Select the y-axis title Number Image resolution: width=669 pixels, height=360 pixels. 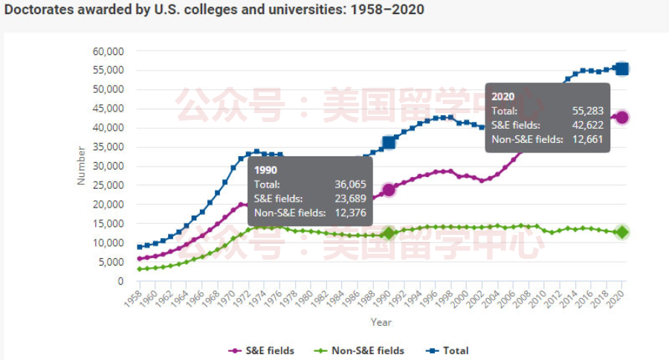[x=82, y=166]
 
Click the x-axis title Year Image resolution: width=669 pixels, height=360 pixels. [x=381, y=323]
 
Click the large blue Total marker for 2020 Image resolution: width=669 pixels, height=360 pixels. [x=622, y=69]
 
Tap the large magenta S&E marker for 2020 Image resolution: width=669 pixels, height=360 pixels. [x=622, y=118]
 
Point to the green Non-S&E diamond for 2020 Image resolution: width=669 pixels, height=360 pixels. [x=622, y=232]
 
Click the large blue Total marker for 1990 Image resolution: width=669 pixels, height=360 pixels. [x=389, y=142]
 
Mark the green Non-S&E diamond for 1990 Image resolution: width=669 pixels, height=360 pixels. [x=389, y=234]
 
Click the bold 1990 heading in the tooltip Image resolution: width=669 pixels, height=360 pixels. [x=265, y=170]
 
